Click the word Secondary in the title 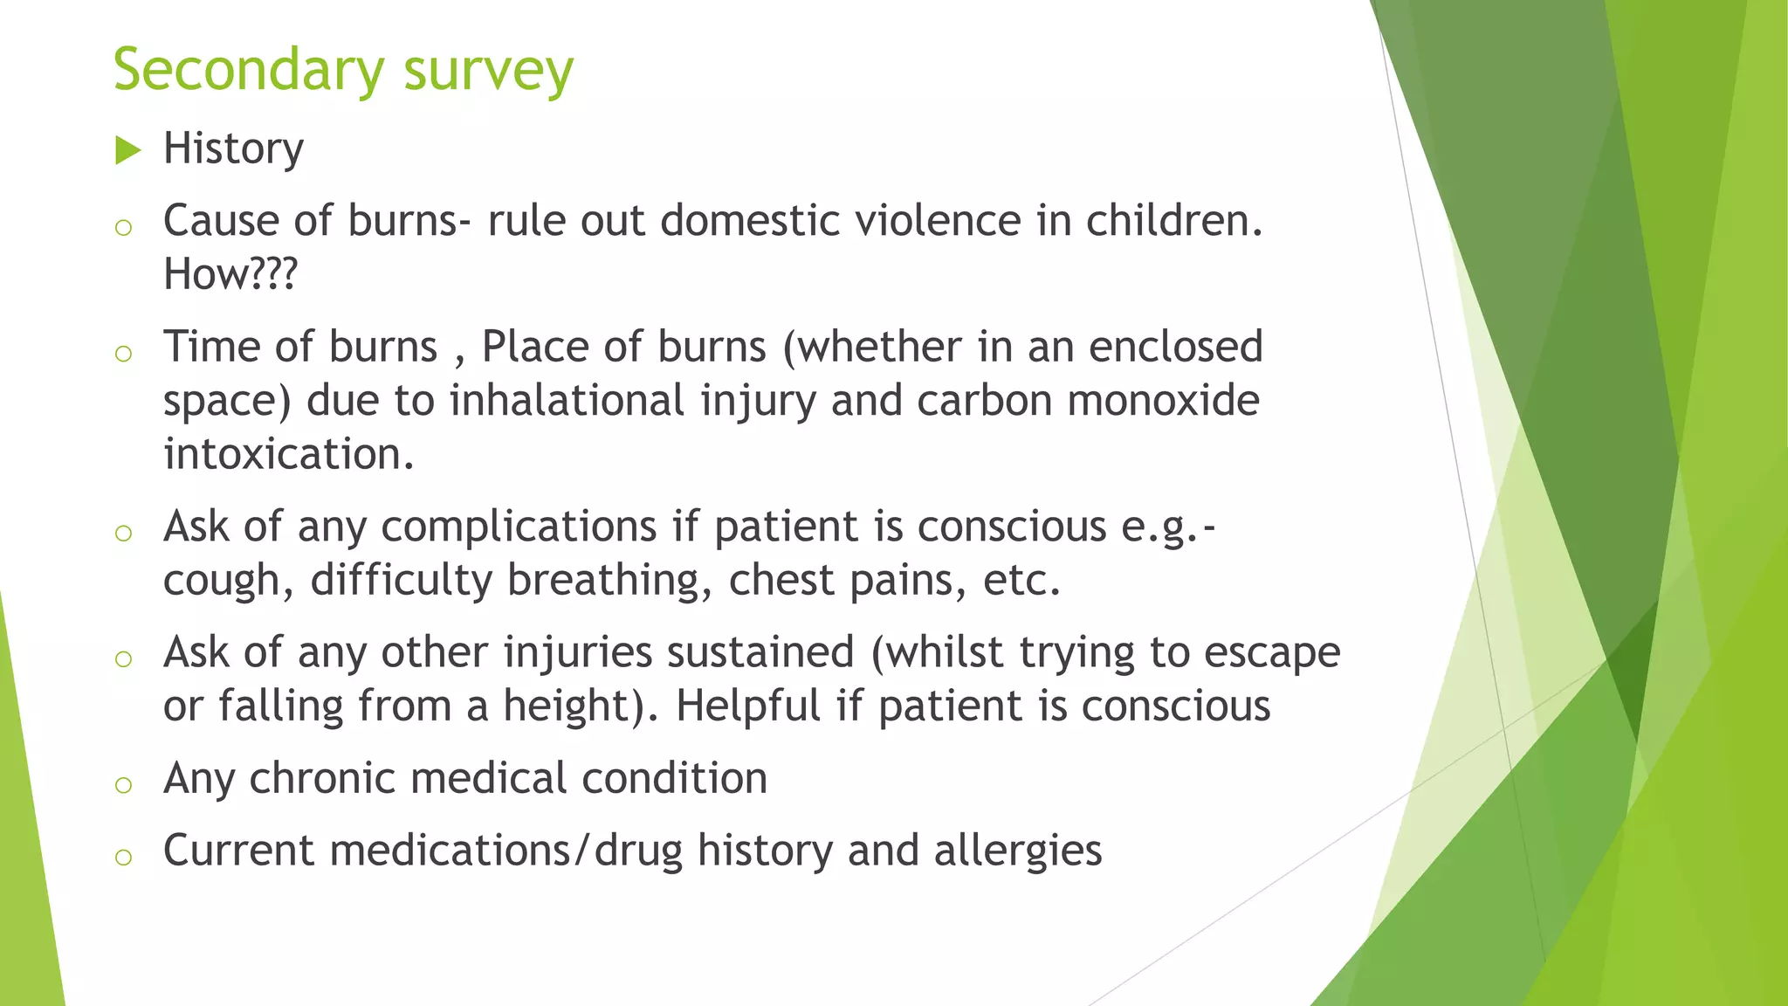(x=248, y=70)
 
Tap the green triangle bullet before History (x=127, y=151)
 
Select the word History (x=233, y=149)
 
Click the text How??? (x=230, y=275)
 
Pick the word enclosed (x=1175, y=347)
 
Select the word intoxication (x=288, y=454)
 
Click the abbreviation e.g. (x=1161, y=527)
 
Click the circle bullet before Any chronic (x=123, y=784)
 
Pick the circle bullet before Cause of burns (x=123, y=227)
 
